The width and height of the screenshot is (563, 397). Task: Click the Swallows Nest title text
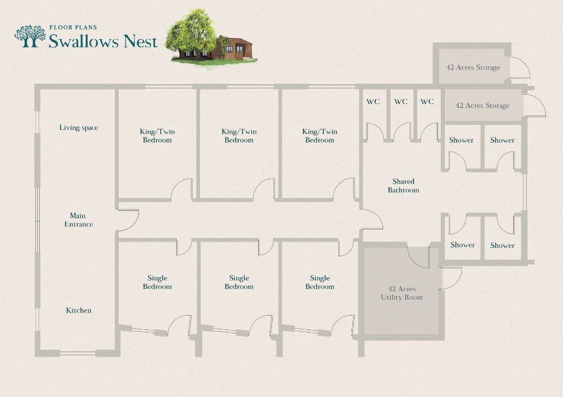pyautogui.click(x=103, y=42)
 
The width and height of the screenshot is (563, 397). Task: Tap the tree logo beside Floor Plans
pyautogui.click(x=30, y=36)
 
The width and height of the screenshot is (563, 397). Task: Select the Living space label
pyautogui.click(x=79, y=127)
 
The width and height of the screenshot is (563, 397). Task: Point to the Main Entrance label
pyautogui.click(x=78, y=220)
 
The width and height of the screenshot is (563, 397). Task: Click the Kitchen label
pyautogui.click(x=79, y=310)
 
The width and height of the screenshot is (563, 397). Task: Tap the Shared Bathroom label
pyautogui.click(x=403, y=186)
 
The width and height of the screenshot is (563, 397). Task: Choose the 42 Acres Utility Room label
pyautogui.click(x=401, y=293)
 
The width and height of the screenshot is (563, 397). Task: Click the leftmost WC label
pyautogui.click(x=373, y=102)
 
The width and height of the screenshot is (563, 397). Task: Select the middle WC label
pyautogui.click(x=401, y=102)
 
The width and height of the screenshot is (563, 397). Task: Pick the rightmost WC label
pyautogui.click(x=427, y=102)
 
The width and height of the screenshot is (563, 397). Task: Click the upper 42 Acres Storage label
pyautogui.click(x=473, y=68)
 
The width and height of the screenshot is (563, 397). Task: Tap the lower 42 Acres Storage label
pyautogui.click(x=482, y=105)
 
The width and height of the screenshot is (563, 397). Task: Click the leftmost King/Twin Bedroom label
pyautogui.click(x=157, y=136)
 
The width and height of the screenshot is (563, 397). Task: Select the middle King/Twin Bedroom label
pyautogui.click(x=239, y=136)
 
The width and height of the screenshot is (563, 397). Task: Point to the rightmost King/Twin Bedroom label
pyautogui.click(x=320, y=136)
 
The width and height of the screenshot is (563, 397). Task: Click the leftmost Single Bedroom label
pyautogui.click(x=157, y=282)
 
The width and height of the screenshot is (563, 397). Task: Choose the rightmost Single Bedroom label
pyautogui.click(x=320, y=282)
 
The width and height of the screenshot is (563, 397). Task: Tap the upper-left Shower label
pyautogui.click(x=461, y=140)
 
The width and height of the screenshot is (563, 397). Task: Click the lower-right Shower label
pyautogui.click(x=502, y=246)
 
